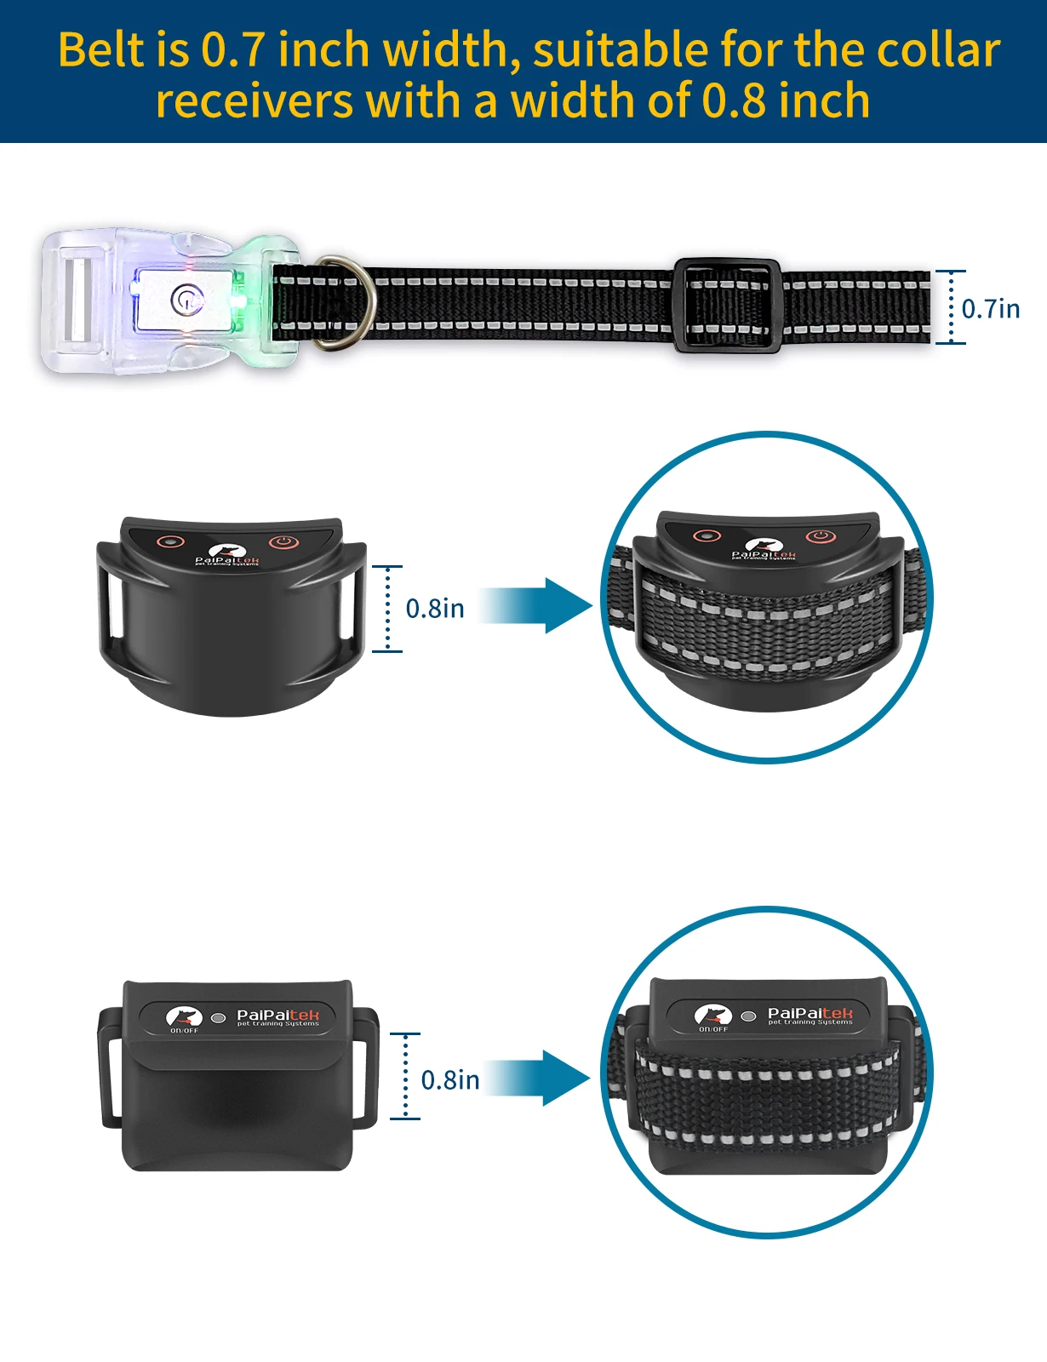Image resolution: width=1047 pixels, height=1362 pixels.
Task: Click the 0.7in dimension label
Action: pos(990,308)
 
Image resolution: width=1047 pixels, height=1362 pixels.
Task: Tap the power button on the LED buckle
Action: pos(186,300)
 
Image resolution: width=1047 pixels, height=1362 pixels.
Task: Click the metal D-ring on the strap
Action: pos(344,302)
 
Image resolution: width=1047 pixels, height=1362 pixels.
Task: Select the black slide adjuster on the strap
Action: pos(727,306)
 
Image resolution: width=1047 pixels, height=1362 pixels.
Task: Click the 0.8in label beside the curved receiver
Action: pos(434,609)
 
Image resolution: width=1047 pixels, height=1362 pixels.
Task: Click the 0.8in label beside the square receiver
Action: pos(450,1080)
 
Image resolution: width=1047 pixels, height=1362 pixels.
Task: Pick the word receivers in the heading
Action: pos(254,101)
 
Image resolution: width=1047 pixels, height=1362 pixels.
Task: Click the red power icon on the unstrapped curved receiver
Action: pos(283,541)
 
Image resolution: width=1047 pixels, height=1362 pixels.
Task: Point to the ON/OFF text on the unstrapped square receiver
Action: pos(184,1031)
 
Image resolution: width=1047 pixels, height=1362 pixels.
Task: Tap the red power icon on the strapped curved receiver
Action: pos(820,536)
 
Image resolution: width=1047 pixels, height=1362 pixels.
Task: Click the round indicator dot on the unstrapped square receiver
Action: pos(219,1017)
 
